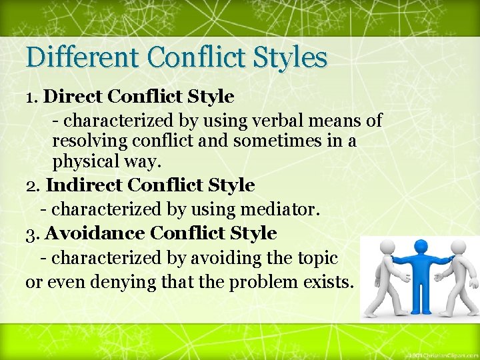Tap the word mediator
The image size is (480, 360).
(x=275, y=210)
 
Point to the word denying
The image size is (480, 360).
(x=127, y=282)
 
